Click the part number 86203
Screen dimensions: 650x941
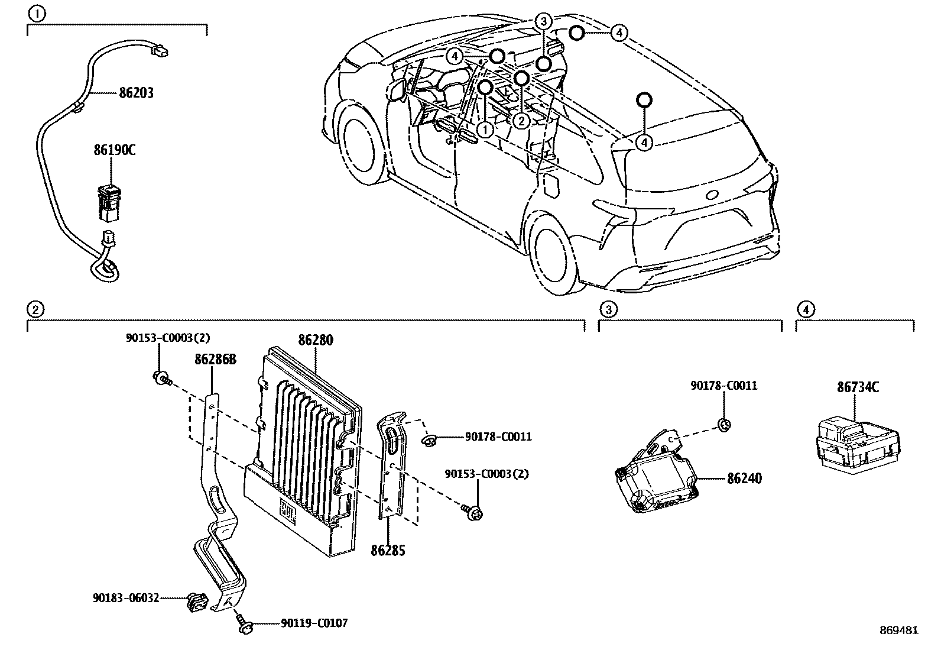tap(136, 93)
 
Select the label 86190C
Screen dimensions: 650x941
tap(114, 150)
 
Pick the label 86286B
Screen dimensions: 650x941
tap(215, 359)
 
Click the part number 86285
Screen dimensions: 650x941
tap(388, 551)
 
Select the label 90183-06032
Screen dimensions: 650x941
tap(125, 597)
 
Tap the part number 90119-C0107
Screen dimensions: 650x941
tap(314, 623)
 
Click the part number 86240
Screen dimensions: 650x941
tap(744, 478)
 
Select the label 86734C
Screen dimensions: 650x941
tap(857, 387)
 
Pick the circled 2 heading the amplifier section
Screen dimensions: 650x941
tap(35, 309)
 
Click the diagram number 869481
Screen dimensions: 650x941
tap(898, 630)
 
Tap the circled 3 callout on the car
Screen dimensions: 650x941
tap(543, 22)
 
